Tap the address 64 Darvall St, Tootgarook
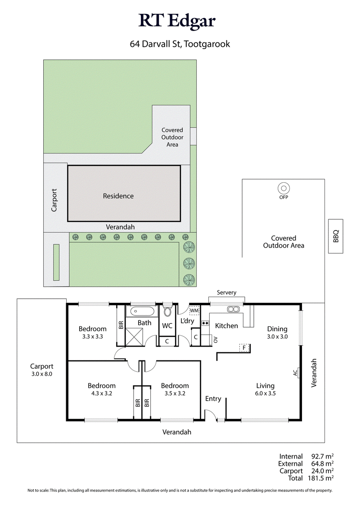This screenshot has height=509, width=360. pos(180,44)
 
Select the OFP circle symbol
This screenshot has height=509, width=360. pos(283,188)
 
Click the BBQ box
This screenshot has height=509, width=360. pos(336,236)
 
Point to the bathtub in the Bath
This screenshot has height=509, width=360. pos(142,311)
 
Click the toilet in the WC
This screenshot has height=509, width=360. pos(167,311)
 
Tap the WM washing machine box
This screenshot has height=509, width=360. pos(194,311)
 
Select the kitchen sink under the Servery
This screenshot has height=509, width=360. pos(233,309)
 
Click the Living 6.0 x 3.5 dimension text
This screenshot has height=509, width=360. pos(265,393)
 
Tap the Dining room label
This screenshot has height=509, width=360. pos(277,329)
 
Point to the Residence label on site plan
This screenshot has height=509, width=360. pos(118,196)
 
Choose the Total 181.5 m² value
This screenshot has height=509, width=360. pos(321,478)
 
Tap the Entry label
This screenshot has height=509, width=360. pos(213,399)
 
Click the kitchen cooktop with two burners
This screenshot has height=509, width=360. pos(205,323)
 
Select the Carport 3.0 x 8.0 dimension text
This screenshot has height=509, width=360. pos(42,374)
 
